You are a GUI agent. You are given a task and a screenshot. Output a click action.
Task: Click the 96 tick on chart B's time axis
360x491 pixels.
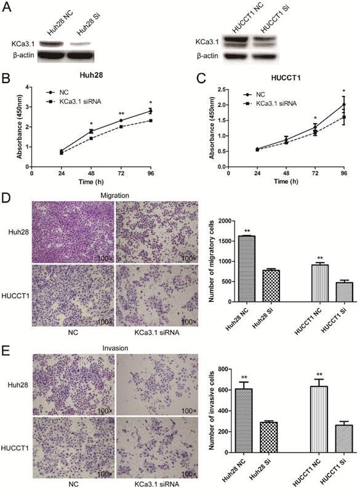150,174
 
